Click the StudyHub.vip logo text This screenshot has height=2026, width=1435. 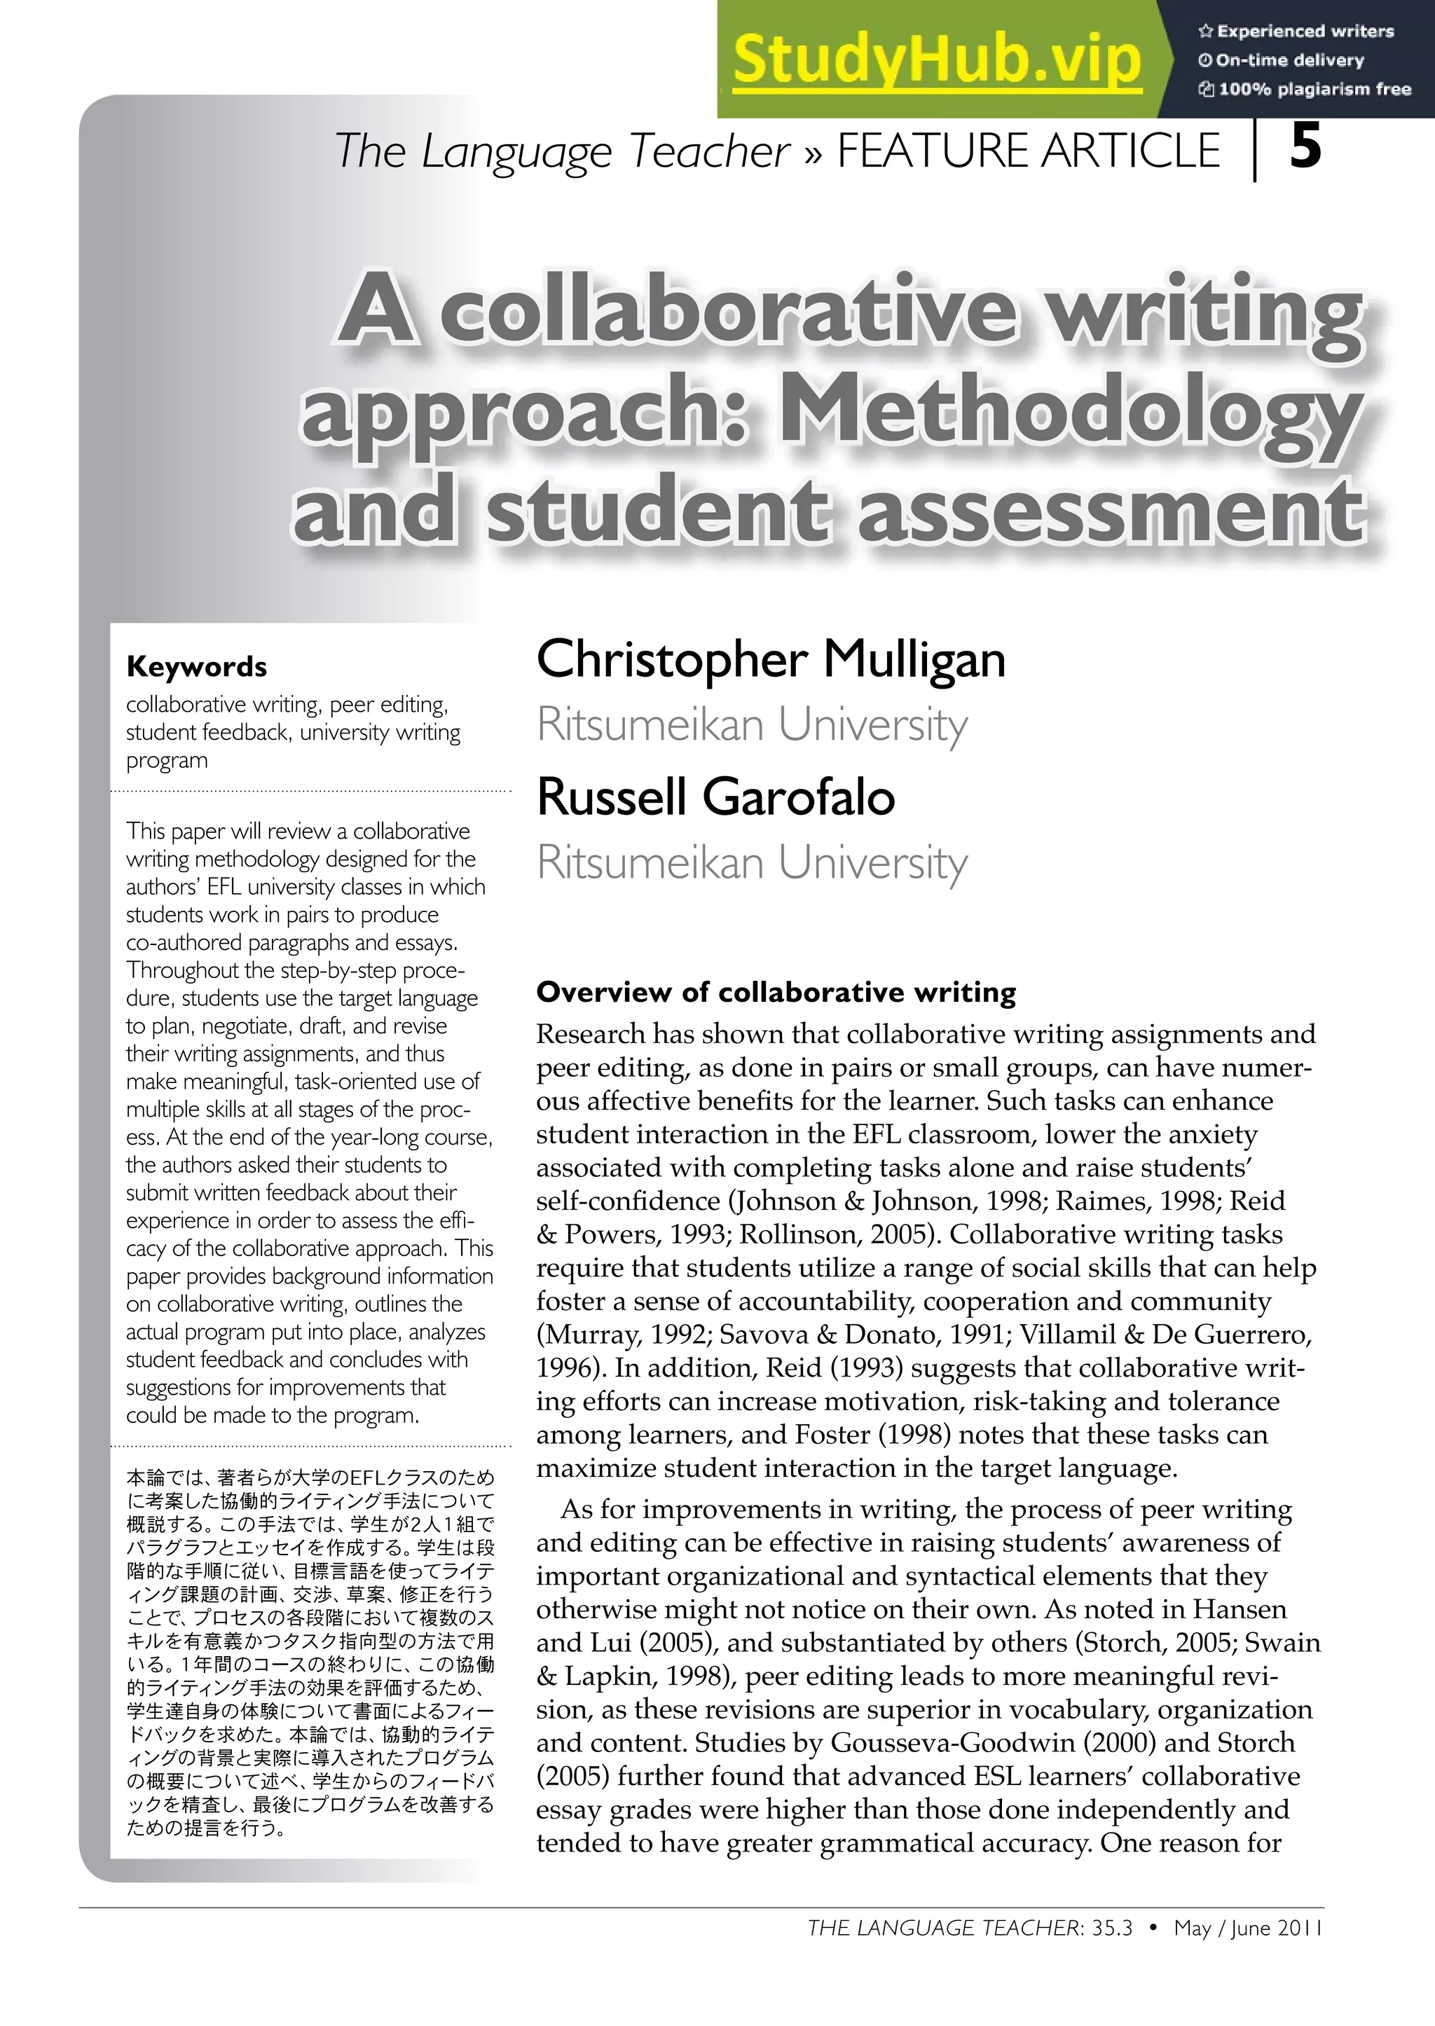click(x=937, y=60)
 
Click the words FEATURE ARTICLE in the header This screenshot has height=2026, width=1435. click(x=1028, y=150)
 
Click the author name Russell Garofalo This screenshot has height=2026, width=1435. click(x=715, y=797)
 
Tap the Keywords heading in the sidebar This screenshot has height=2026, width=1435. click(x=196, y=666)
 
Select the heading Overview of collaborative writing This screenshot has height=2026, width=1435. click(x=776, y=992)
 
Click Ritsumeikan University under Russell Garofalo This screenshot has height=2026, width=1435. click(x=752, y=862)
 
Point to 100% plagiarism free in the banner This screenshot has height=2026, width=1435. click(x=1313, y=89)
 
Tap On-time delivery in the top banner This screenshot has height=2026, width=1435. click(x=1289, y=60)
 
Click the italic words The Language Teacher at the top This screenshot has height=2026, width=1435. click(x=562, y=150)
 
